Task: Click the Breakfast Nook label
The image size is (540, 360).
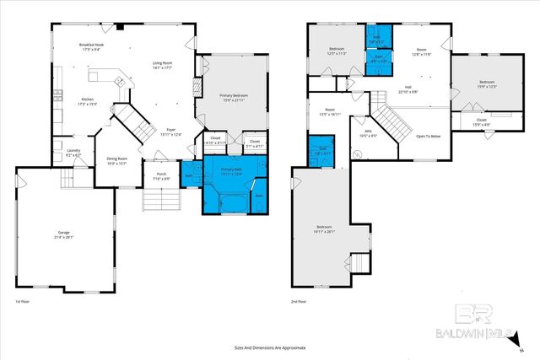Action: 91,46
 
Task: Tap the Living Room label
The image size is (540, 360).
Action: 163,65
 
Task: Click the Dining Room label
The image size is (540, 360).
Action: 116,160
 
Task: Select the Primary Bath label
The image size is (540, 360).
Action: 232,171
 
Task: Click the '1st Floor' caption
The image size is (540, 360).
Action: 24,301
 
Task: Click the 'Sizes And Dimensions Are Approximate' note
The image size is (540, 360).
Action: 270,347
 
